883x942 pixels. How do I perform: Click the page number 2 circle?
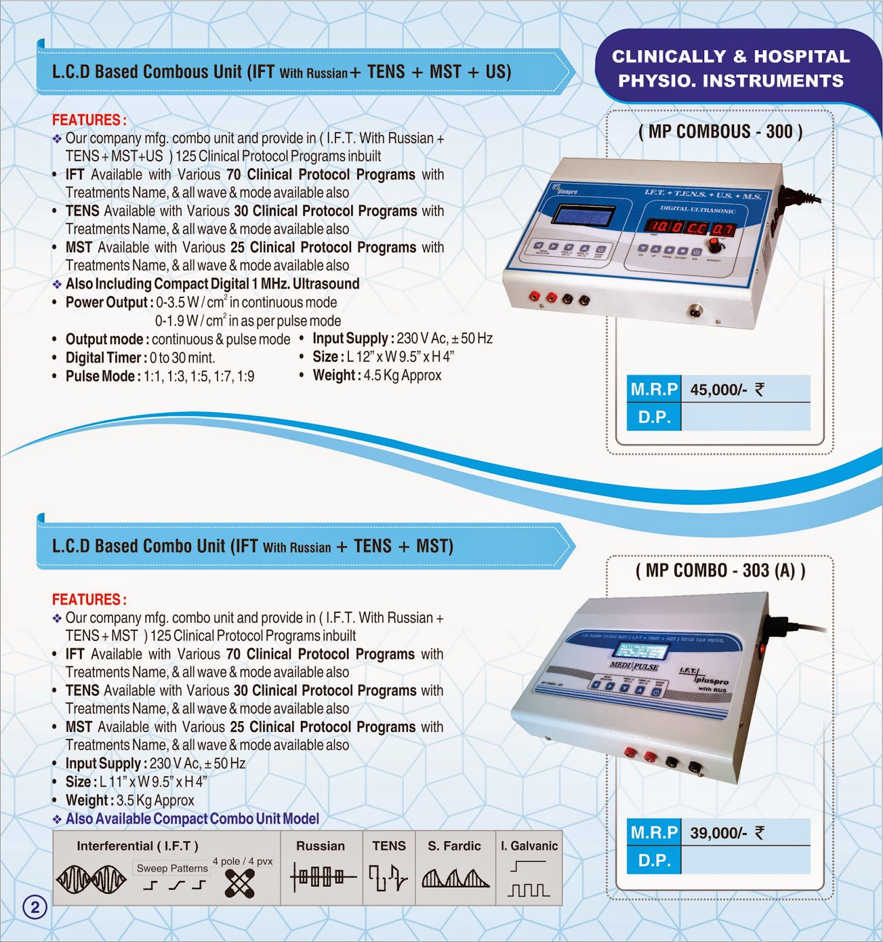click(x=35, y=907)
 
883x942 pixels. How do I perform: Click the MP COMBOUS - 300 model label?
click(x=720, y=131)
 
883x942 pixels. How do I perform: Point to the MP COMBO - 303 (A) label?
click(x=720, y=570)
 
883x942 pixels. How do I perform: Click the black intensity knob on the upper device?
click(x=715, y=243)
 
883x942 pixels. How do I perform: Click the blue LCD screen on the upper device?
click(x=586, y=215)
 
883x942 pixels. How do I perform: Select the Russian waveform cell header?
click(x=320, y=846)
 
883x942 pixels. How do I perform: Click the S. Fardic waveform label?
click(x=454, y=846)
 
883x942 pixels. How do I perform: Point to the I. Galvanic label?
click(x=529, y=846)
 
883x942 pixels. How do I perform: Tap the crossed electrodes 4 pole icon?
click(x=240, y=883)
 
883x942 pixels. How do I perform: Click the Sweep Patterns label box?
click(x=172, y=868)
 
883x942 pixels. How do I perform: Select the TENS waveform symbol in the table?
click(x=388, y=878)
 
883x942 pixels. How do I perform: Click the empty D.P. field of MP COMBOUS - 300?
click(x=745, y=417)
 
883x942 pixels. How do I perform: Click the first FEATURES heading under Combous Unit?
click(x=89, y=120)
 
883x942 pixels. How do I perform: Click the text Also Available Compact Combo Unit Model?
click(x=192, y=819)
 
